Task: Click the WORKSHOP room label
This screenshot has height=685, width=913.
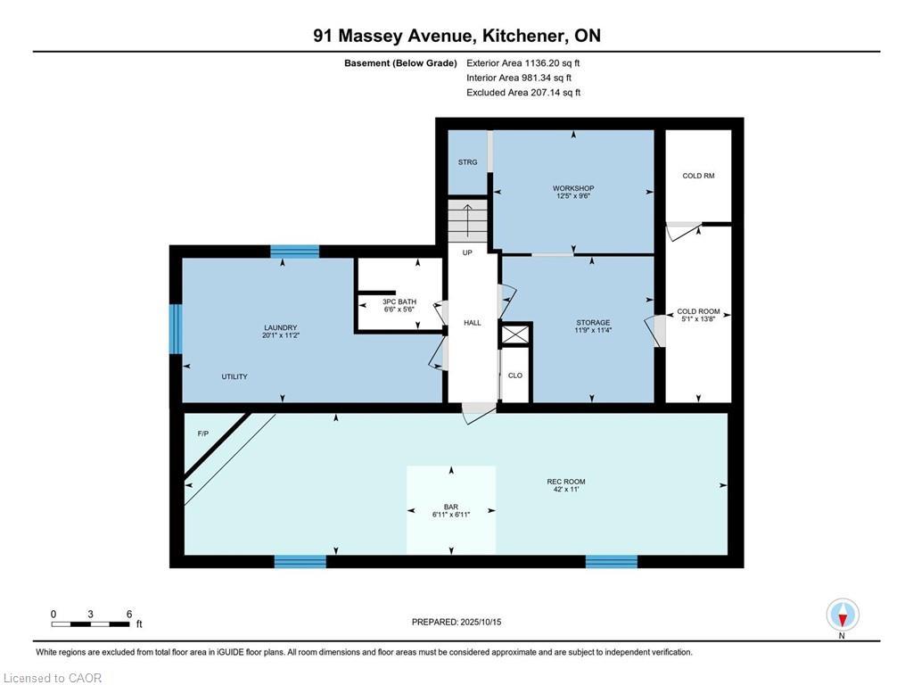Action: (573, 188)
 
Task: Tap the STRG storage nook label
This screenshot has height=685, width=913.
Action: (467, 162)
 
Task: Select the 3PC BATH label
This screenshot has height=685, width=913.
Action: (400, 301)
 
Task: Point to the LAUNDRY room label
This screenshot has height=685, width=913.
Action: (280, 327)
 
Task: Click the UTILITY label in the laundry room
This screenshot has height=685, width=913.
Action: (234, 377)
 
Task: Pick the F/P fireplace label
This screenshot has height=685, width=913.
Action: (202, 433)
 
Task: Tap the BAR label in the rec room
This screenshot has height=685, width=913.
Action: (450, 506)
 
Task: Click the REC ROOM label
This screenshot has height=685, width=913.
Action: (565, 483)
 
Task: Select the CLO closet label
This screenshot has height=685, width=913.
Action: (514, 376)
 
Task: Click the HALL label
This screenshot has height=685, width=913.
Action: (472, 323)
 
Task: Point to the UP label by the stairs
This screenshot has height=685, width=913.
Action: (467, 252)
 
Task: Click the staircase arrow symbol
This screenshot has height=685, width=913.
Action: (468, 219)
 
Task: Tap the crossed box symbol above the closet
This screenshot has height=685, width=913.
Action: (515, 334)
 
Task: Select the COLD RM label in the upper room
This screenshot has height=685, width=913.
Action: (698, 176)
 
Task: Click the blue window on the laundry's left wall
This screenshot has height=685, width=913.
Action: (176, 329)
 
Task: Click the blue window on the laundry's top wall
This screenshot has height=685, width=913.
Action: (294, 252)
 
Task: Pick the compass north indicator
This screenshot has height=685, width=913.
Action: (842, 615)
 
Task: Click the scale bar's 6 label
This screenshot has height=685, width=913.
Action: (129, 615)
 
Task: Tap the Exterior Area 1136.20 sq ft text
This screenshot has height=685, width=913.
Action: (523, 63)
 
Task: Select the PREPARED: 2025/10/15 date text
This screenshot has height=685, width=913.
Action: (462, 622)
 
